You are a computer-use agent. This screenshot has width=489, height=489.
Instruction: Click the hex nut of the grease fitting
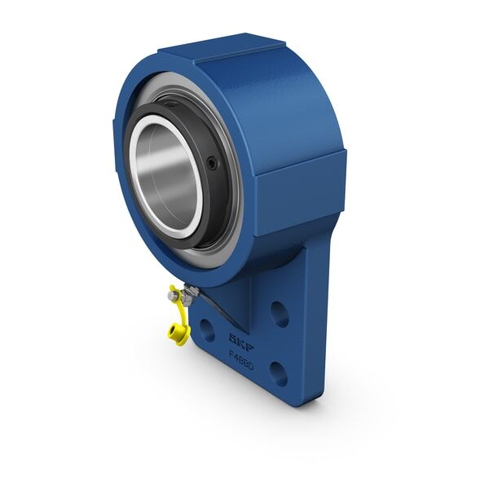tap(187, 295)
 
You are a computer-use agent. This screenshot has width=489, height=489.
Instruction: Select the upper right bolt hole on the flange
tap(279, 314)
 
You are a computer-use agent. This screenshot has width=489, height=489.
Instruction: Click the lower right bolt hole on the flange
tap(278, 373)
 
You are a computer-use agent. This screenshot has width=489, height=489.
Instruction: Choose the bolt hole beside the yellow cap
tap(207, 330)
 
